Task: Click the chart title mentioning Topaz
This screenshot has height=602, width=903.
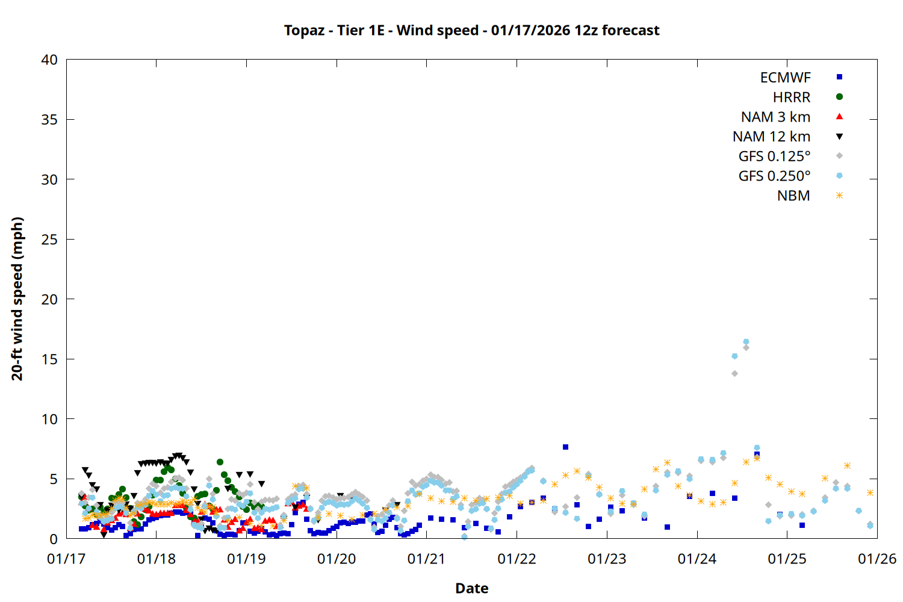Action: tap(471, 30)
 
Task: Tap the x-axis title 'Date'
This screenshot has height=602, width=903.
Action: tap(471, 588)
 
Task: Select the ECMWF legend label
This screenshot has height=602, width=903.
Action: tap(785, 78)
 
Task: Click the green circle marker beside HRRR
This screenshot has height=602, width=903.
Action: tap(839, 97)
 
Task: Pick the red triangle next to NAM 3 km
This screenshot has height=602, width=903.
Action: tap(839, 117)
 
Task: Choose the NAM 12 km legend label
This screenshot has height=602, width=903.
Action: tap(771, 137)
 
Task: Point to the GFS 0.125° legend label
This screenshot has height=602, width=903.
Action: tap(774, 157)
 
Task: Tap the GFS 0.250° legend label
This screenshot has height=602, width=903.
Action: tap(774, 176)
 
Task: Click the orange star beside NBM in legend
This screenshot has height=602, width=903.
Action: tap(839, 196)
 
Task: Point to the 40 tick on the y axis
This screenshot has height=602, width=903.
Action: tap(49, 60)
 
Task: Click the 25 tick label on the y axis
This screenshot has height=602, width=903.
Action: tap(49, 240)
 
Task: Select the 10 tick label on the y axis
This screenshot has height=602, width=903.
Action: tap(49, 419)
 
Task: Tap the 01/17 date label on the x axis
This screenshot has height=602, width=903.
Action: tap(66, 559)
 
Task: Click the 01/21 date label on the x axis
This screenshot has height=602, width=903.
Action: tap(426, 559)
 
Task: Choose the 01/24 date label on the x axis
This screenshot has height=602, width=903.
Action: tap(697, 559)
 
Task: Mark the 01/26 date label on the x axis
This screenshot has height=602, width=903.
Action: tap(877, 559)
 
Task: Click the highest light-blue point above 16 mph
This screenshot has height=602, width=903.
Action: tap(746, 342)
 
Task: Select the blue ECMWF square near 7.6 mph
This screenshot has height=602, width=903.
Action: tap(565, 447)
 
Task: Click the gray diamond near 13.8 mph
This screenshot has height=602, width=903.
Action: tap(734, 373)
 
